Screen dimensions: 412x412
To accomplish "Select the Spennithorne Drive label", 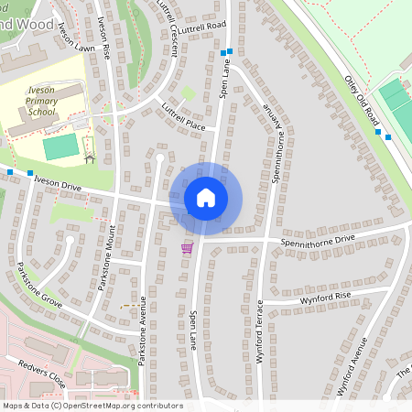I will [319, 239].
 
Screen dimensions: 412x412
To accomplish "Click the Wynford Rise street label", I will [320, 297].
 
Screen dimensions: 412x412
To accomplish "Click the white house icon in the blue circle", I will [205, 198].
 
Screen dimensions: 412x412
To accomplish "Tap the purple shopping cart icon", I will [187, 247].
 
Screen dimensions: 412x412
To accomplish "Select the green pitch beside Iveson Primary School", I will [60, 146].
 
